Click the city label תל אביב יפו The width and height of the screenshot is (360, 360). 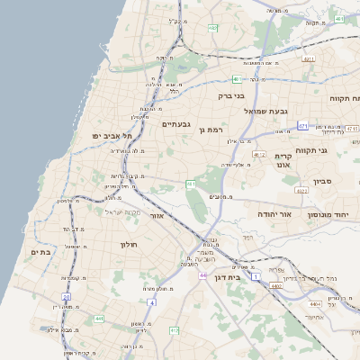tap(112, 135)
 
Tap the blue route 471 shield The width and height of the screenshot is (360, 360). tap(302, 126)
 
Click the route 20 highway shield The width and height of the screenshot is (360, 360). tap(66, 296)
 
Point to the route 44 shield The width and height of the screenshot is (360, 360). tap(203, 275)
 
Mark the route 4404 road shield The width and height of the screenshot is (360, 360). tap(315, 306)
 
